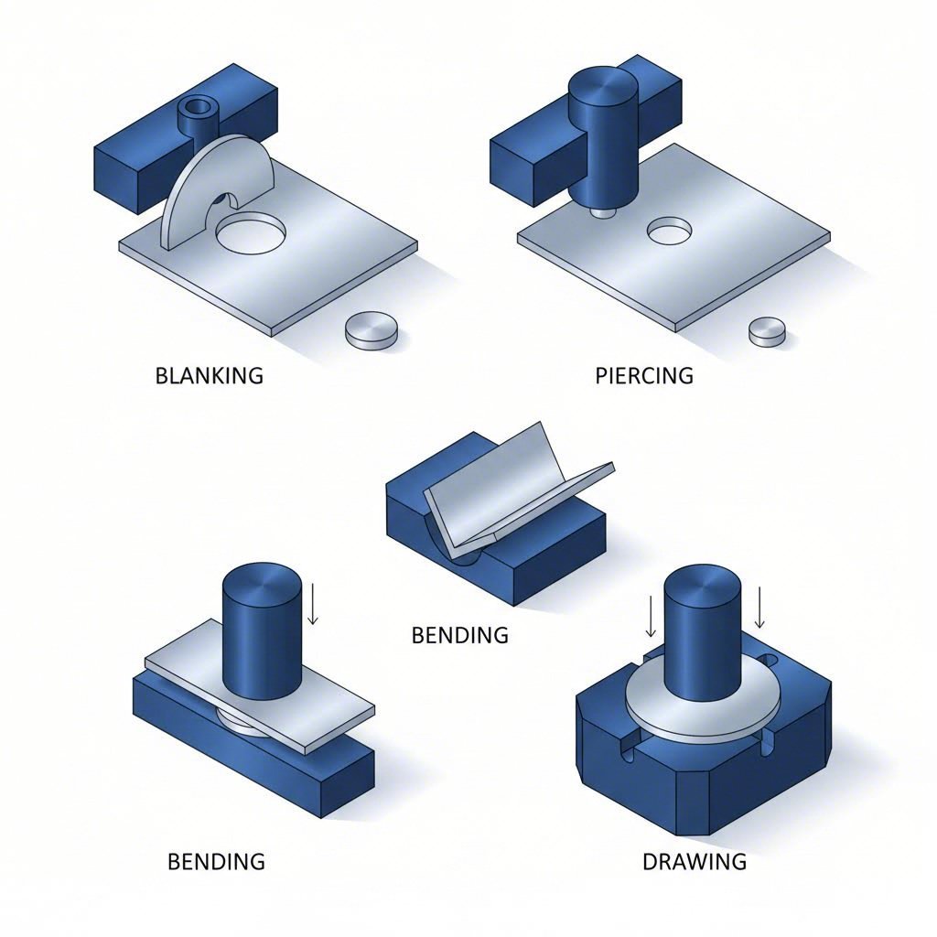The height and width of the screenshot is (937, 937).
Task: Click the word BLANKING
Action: click(210, 375)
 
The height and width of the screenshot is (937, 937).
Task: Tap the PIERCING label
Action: click(644, 375)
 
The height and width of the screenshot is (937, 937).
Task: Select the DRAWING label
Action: click(694, 861)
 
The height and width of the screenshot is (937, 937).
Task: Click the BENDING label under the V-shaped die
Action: click(459, 634)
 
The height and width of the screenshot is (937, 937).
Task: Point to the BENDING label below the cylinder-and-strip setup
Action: click(216, 861)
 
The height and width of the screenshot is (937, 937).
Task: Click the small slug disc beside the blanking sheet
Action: click(372, 329)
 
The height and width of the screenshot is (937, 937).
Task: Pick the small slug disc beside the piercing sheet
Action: click(767, 330)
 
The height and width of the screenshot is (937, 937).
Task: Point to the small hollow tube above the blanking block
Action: click(198, 114)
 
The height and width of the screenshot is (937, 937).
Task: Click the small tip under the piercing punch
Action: click(600, 211)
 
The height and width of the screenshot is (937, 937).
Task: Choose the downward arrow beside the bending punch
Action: click(313, 606)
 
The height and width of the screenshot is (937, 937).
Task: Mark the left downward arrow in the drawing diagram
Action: click(650, 617)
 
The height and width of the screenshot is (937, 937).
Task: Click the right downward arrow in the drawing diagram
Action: click(760, 608)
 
